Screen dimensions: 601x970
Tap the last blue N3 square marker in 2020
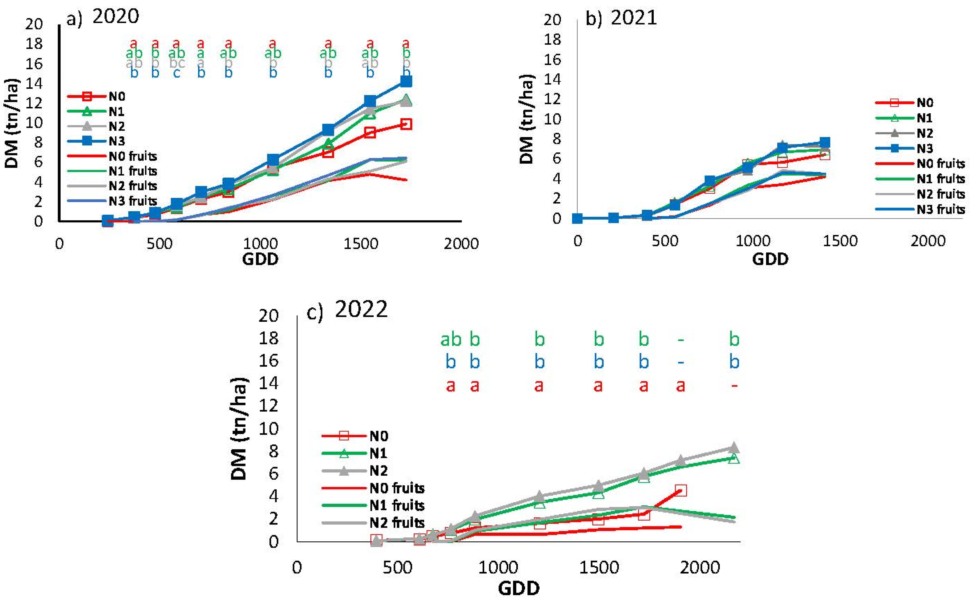(x=406, y=82)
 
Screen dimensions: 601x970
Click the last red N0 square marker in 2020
(x=406, y=124)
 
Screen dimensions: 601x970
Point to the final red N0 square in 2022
(x=680, y=491)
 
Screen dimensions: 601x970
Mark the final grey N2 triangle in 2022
(x=734, y=447)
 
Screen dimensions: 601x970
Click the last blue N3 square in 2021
(x=825, y=142)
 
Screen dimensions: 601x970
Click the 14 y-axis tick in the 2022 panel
(x=269, y=384)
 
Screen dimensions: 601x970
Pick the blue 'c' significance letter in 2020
(x=176, y=73)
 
